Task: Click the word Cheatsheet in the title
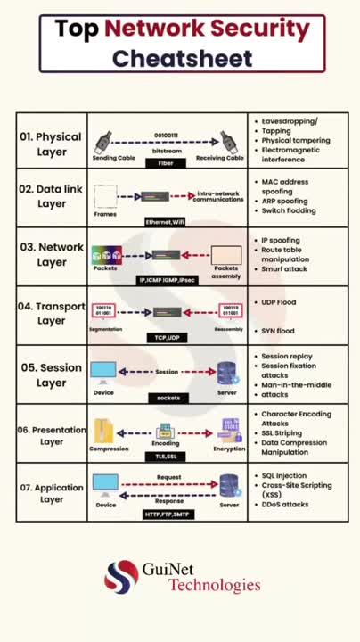182,59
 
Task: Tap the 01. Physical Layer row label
51,144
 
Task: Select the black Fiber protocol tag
166,164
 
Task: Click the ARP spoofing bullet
284,201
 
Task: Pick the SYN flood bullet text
278,331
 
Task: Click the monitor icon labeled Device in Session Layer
104,372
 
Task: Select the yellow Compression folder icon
106,430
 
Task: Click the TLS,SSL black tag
166,456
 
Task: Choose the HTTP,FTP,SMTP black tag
168,514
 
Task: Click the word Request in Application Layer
168,477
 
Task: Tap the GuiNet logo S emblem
121,577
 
